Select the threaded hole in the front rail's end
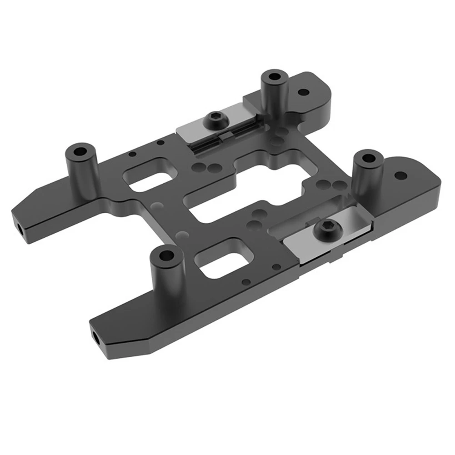[97, 337]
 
